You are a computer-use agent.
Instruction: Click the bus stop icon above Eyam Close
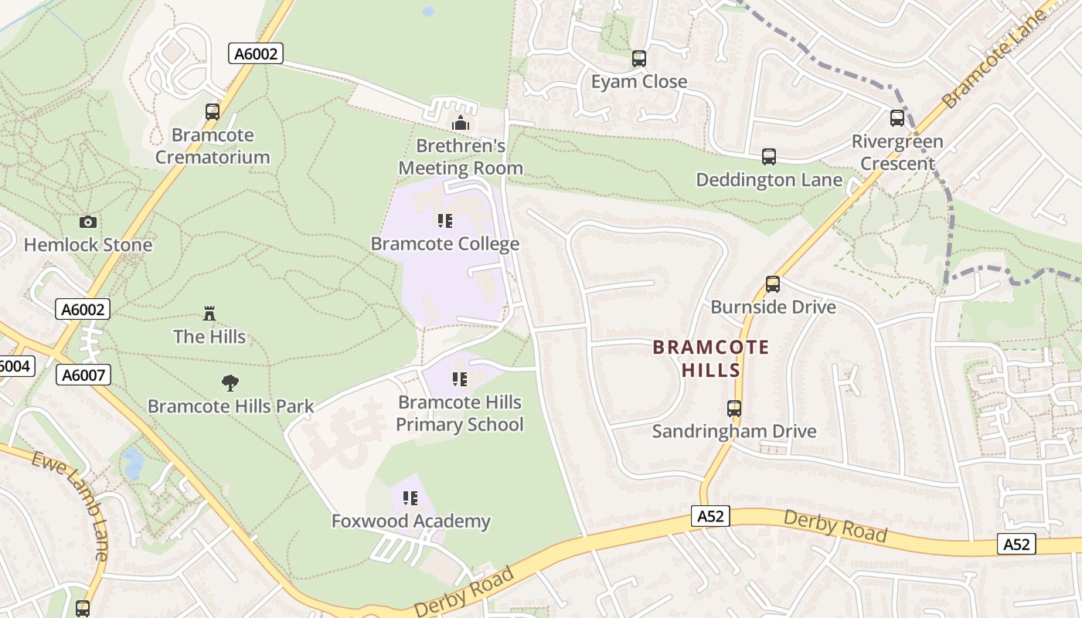pos(639,59)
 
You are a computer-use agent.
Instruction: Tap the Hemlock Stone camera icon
pos(88,222)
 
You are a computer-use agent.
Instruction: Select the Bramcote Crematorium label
pos(213,146)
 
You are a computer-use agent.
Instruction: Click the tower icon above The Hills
pos(209,313)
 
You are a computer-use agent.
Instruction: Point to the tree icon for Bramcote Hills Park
pos(230,382)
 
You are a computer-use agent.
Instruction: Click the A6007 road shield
pos(83,375)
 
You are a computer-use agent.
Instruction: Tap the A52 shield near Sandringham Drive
pos(709,516)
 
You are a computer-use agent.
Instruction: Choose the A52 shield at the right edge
pos(1016,545)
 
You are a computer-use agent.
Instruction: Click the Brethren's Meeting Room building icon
pos(461,123)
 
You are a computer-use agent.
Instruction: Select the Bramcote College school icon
pos(444,222)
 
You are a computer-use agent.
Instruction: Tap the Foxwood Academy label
pos(411,521)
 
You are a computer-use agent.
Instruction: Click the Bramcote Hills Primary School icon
pos(460,379)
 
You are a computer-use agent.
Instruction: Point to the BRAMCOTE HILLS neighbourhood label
pos(711,358)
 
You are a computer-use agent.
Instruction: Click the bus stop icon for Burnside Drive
pos(772,284)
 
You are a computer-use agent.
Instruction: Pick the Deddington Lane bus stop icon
pos(768,157)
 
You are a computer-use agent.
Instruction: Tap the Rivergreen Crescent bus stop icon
pos(897,119)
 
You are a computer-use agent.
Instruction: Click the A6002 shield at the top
pos(257,53)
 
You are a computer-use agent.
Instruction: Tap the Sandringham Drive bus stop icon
pos(733,409)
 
